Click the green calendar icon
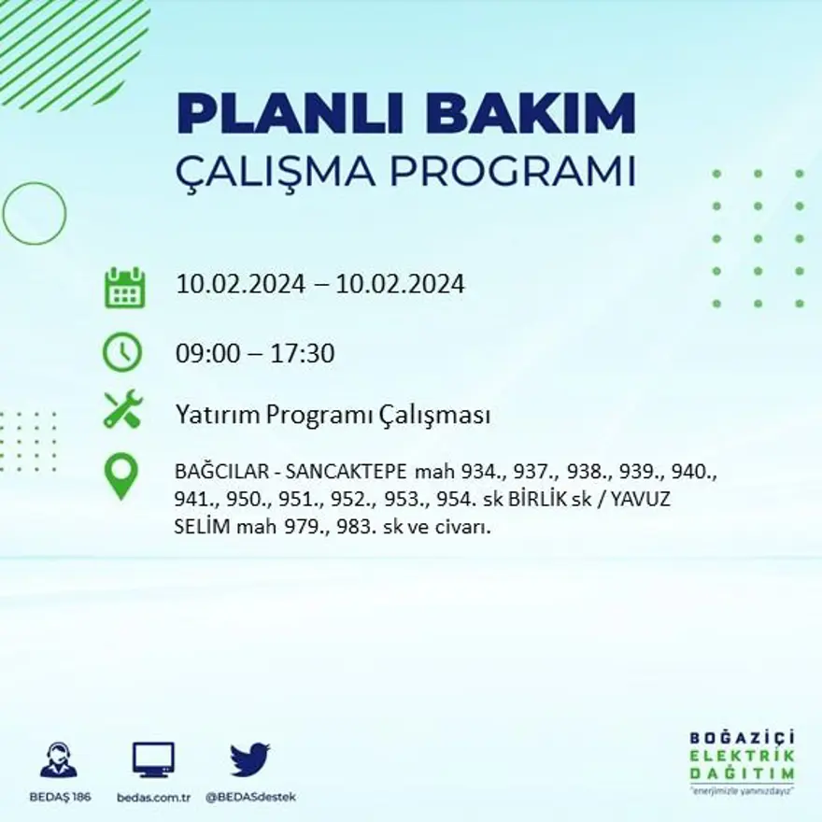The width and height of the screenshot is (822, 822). pyautogui.click(x=124, y=288)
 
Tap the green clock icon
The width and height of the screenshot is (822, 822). pyautogui.click(x=122, y=353)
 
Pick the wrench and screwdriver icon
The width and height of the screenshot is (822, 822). pyautogui.click(x=122, y=409)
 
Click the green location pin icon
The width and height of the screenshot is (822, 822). pyautogui.click(x=121, y=476)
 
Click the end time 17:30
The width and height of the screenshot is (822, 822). pyautogui.click(x=303, y=354)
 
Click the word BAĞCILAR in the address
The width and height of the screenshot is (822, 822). pyautogui.click(x=223, y=470)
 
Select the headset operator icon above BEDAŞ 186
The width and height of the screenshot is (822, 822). pyautogui.click(x=59, y=760)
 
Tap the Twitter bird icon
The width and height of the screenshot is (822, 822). pyautogui.click(x=249, y=759)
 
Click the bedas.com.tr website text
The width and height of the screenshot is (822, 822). pyautogui.click(x=154, y=797)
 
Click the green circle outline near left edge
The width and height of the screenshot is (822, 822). pyautogui.click(x=35, y=214)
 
